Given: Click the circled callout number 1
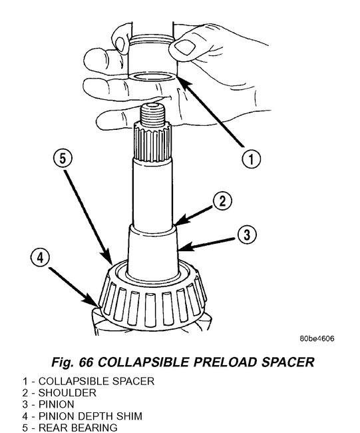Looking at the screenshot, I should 251,159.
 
